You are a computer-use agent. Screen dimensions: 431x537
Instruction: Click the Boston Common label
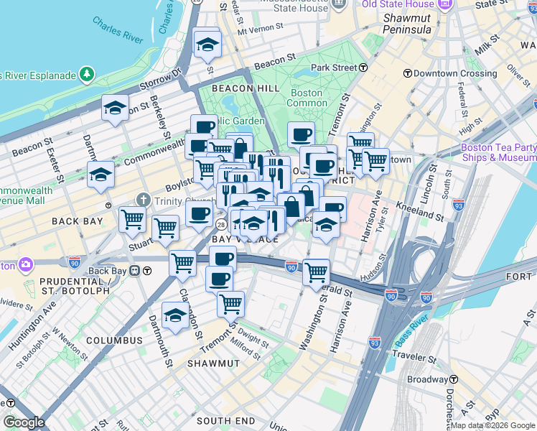coord(307,98)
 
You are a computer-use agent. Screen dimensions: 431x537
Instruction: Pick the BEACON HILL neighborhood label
coord(230,88)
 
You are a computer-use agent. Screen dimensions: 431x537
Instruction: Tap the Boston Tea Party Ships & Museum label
coord(498,152)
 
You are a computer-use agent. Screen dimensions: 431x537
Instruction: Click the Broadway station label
coord(427,379)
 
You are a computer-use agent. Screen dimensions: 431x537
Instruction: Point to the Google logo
coord(23,422)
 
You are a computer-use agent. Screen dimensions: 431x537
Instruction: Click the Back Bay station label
coord(108,271)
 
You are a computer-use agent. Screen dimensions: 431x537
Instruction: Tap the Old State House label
coord(398,4)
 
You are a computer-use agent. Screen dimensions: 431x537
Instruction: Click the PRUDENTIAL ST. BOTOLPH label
coord(75,286)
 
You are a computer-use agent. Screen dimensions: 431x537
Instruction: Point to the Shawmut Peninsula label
coord(407,24)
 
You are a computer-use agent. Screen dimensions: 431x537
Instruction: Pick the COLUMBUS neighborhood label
coord(114,340)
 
